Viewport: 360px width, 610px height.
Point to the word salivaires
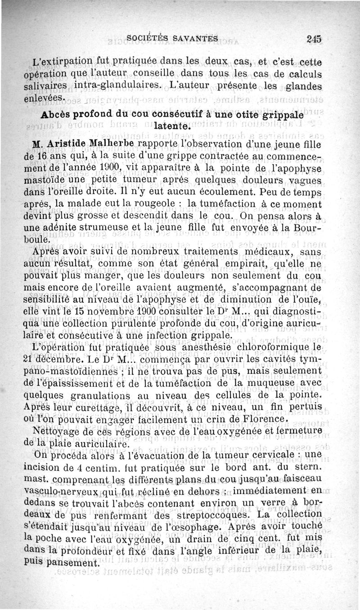46,86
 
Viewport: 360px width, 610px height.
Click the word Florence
262,420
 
